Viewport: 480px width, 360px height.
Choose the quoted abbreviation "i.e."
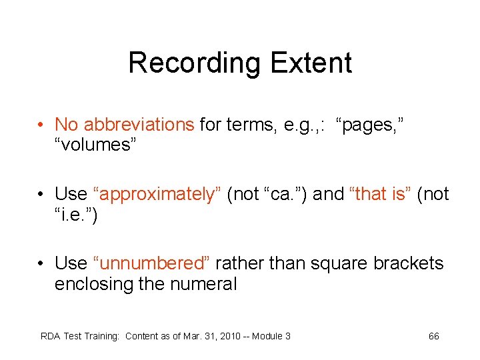(x=75, y=215)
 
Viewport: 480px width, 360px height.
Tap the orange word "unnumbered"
(x=152, y=263)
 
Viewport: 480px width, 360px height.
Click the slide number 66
(x=433, y=336)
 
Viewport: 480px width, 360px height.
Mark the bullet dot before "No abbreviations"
(x=41, y=125)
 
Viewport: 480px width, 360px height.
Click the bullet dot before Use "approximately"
(x=41, y=195)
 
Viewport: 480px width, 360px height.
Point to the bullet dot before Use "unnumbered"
(x=41, y=264)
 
